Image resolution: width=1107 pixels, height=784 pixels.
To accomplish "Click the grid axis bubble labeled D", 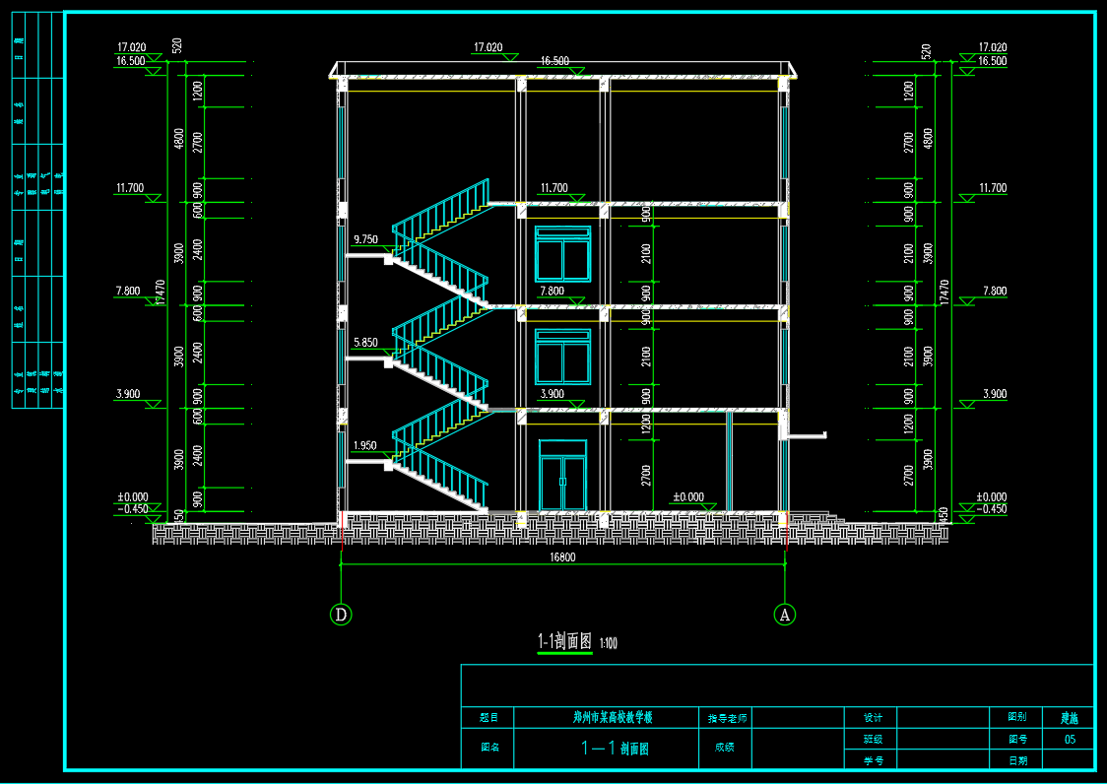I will tap(341, 615).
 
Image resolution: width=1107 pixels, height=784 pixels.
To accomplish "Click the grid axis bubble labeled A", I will tap(785, 615).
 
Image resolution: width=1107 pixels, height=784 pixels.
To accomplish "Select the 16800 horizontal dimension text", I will tap(562, 556).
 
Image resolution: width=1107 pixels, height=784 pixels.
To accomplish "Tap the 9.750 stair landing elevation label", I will tap(364, 239).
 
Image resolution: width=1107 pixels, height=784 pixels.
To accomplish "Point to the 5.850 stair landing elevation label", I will tap(364, 343).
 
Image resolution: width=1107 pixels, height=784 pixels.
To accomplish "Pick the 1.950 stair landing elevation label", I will tap(364, 446).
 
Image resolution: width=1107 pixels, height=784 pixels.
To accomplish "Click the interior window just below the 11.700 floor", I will tap(562, 254).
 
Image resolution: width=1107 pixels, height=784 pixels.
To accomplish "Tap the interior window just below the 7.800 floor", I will tap(562, 357).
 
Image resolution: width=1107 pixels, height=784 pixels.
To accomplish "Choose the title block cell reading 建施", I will tap(1069, 718).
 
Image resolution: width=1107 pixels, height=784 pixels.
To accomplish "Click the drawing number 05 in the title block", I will tap(1070, 739).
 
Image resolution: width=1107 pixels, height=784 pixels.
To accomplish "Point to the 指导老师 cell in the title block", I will tap(728, 718).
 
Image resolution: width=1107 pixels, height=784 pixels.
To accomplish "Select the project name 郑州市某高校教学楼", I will tap(613, 717).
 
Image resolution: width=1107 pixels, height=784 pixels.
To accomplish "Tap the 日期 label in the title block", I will tap(1017, 760).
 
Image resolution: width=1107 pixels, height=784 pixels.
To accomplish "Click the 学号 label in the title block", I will tap(874, 760).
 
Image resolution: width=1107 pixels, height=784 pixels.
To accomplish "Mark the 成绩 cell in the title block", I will tap(725, 748).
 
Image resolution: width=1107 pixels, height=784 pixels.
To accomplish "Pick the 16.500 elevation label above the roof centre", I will tap(553, 61).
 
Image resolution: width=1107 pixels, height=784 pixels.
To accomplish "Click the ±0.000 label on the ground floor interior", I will tap(687, 497).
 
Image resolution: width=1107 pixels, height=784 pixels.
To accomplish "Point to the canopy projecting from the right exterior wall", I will tap(805, 433).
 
